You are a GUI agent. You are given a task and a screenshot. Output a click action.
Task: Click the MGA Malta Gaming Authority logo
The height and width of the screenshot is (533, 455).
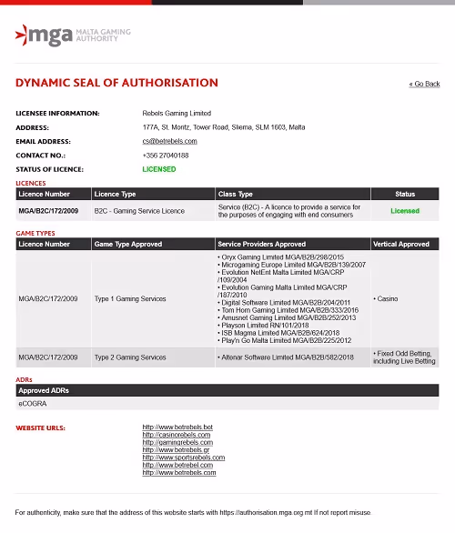click(x=73, y=36)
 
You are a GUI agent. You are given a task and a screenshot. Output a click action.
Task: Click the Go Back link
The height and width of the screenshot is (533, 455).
click(x=424, y=84)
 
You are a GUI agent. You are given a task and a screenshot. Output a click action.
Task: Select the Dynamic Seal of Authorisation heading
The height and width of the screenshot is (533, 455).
click(x=116, y=83)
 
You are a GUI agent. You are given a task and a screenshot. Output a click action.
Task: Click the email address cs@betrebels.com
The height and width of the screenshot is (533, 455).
click(x=169, y=141)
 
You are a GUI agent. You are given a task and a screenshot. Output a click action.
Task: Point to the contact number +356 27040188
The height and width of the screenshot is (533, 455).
click(x=166, y=156)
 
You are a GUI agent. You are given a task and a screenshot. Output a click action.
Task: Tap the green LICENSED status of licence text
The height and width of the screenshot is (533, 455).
click(x=159, y=169)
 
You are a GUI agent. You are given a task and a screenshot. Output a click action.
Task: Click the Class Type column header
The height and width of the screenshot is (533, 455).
click(x=236, y=194)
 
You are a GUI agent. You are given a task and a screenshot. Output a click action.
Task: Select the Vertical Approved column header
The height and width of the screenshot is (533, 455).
click(x=400, y=244)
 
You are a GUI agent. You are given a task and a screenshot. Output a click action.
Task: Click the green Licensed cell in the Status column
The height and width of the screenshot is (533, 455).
click(x=405, y=211)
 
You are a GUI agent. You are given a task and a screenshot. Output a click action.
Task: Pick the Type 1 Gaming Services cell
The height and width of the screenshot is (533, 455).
click(x=130, y=298)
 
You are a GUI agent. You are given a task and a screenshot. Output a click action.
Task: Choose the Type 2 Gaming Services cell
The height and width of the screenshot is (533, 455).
click(x=130, y=357)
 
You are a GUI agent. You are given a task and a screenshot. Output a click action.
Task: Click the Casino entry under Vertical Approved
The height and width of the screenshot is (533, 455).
click(x=388, y=298)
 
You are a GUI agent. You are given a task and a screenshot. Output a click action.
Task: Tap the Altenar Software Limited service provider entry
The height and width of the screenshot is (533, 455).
click(x=286, y=357)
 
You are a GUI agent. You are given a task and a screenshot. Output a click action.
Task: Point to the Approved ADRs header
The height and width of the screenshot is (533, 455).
click(x=44, y=390)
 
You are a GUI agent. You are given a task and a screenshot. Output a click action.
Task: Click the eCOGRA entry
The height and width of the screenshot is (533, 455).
click(x=32, y=403)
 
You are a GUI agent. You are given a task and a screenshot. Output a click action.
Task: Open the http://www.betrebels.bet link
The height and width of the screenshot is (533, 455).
click(x=177, y=427)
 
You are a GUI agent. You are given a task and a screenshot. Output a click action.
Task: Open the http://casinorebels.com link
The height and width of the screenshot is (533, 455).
click(x=177, y=435)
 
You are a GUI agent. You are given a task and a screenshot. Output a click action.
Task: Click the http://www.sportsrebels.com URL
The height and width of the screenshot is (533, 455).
click(x=184, y=458)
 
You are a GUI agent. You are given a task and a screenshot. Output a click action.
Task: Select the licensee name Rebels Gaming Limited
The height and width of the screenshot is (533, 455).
click(x=177, y=113)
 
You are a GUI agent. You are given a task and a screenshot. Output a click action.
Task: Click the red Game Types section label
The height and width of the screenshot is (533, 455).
click(x=35, y=234)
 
